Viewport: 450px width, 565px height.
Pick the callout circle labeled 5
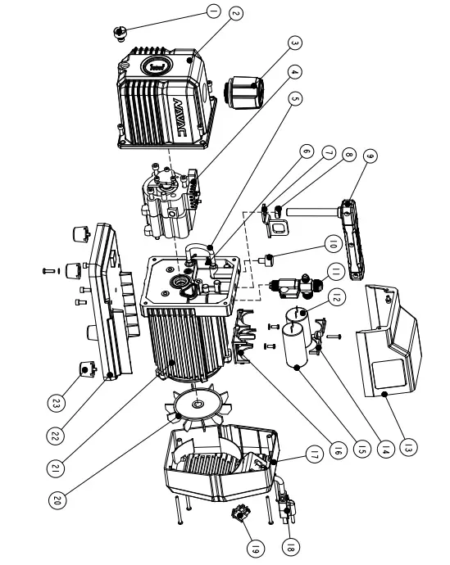[297, 98]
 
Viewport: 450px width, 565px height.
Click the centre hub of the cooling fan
[198, 404]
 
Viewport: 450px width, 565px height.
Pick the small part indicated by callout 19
[241, 517]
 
